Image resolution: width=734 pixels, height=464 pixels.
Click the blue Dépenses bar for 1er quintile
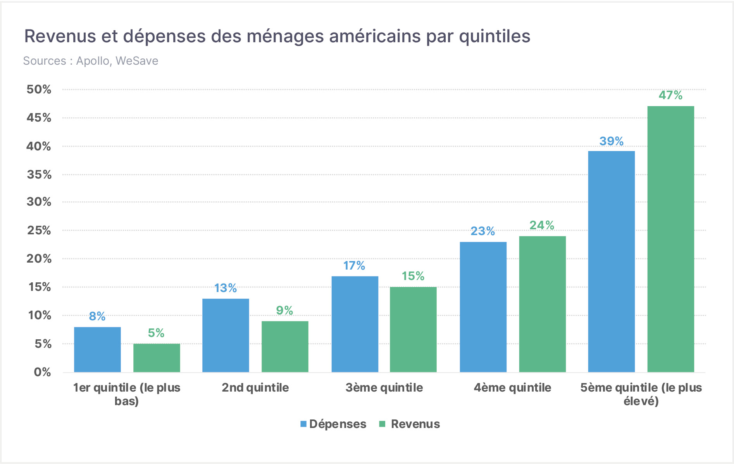click(x=97, y=350)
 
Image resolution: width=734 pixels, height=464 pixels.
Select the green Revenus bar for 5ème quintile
click(x=671, y=239)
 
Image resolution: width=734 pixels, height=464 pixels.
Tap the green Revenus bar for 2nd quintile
click(x=285, y=347)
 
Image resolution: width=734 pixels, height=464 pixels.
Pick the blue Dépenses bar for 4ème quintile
click(x=483, y=307)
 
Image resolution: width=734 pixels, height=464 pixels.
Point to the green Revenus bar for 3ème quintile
click(x=413, y=330)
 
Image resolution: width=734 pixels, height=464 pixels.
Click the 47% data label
click(x=670, y=95)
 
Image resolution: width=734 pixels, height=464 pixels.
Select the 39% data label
click(x=612, y=141)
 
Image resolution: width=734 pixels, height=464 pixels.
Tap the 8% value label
click(x=97, y=316)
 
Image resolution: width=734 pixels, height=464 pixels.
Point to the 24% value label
click(x=542, y=225)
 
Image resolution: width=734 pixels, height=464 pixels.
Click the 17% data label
click(x=354, y=266)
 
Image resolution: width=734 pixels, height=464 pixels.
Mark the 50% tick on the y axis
click(x=39, y=89)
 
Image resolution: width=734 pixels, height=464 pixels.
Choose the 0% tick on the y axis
click(x=43, y=372)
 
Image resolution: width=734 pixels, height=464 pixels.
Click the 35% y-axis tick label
click(x=39, y=175)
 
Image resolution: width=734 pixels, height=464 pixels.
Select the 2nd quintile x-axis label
click(x=255, y=388)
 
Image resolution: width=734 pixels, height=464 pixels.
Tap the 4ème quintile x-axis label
click(x=512, y=388)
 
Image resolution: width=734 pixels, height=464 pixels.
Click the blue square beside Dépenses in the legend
click(x=303, y=424)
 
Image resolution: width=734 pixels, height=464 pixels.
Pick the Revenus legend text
click(x=415, y=424)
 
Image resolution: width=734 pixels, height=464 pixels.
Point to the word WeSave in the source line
click(x=137, y=61)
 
